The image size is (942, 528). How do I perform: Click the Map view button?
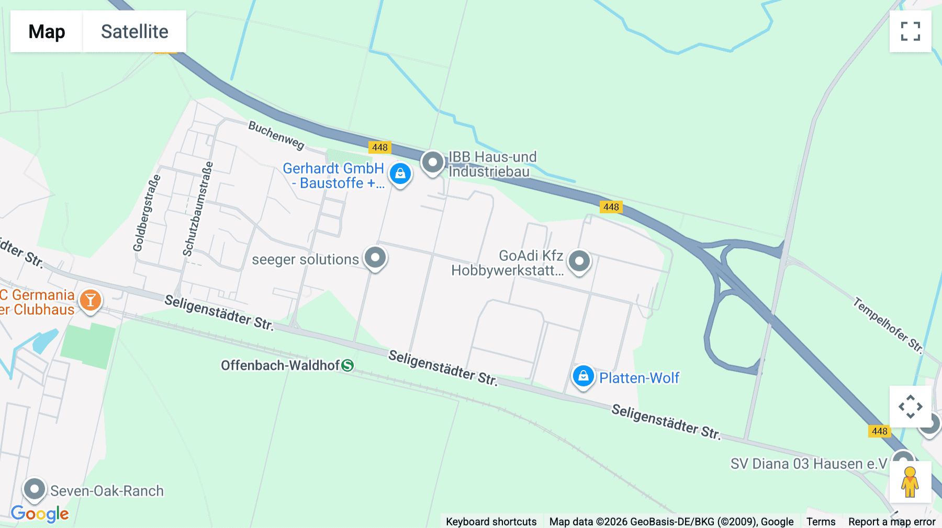47,31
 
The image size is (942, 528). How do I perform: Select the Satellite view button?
134,31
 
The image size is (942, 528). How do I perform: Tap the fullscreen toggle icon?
910,31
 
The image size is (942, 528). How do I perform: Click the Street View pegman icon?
910,482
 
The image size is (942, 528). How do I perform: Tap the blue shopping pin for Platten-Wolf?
583,376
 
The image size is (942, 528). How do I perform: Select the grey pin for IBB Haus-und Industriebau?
433,163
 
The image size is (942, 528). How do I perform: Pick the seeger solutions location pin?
375,257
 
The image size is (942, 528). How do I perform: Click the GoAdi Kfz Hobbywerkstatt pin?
579,261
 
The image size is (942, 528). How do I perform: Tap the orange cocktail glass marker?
91,301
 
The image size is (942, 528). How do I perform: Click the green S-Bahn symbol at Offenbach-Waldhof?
347,365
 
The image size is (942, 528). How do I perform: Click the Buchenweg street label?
276,135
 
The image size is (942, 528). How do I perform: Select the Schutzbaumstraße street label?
198,209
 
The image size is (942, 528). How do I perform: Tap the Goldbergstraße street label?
147,213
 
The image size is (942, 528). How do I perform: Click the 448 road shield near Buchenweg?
379,147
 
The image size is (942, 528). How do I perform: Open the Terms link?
821,521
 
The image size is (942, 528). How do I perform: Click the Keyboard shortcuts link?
491,521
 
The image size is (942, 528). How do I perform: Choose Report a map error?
892,521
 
